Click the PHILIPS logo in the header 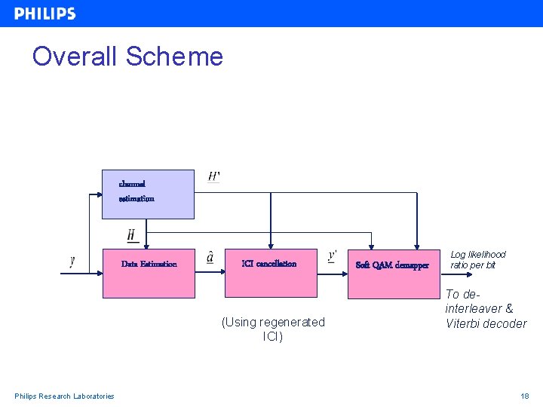pos(44,14)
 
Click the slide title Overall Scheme pos(127,57)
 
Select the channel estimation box pos(148,194)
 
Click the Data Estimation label pos(149,264)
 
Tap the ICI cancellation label pos(269,264)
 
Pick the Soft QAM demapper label pos(392,265)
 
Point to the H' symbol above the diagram pos(214,176)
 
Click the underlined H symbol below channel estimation pos(131,236)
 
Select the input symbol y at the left pos(72,261)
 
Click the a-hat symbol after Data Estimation pos(210,258)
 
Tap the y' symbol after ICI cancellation pos(333,256)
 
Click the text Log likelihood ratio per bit pos(478,260)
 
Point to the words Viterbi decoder pos(486,324)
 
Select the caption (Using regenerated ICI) pos(273,329)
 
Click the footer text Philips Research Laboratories pos(65,396)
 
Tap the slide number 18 pos(524,396)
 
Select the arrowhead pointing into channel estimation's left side pos(98,194)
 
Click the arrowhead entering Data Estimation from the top pos(148,245)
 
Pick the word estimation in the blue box pos(137,199)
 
